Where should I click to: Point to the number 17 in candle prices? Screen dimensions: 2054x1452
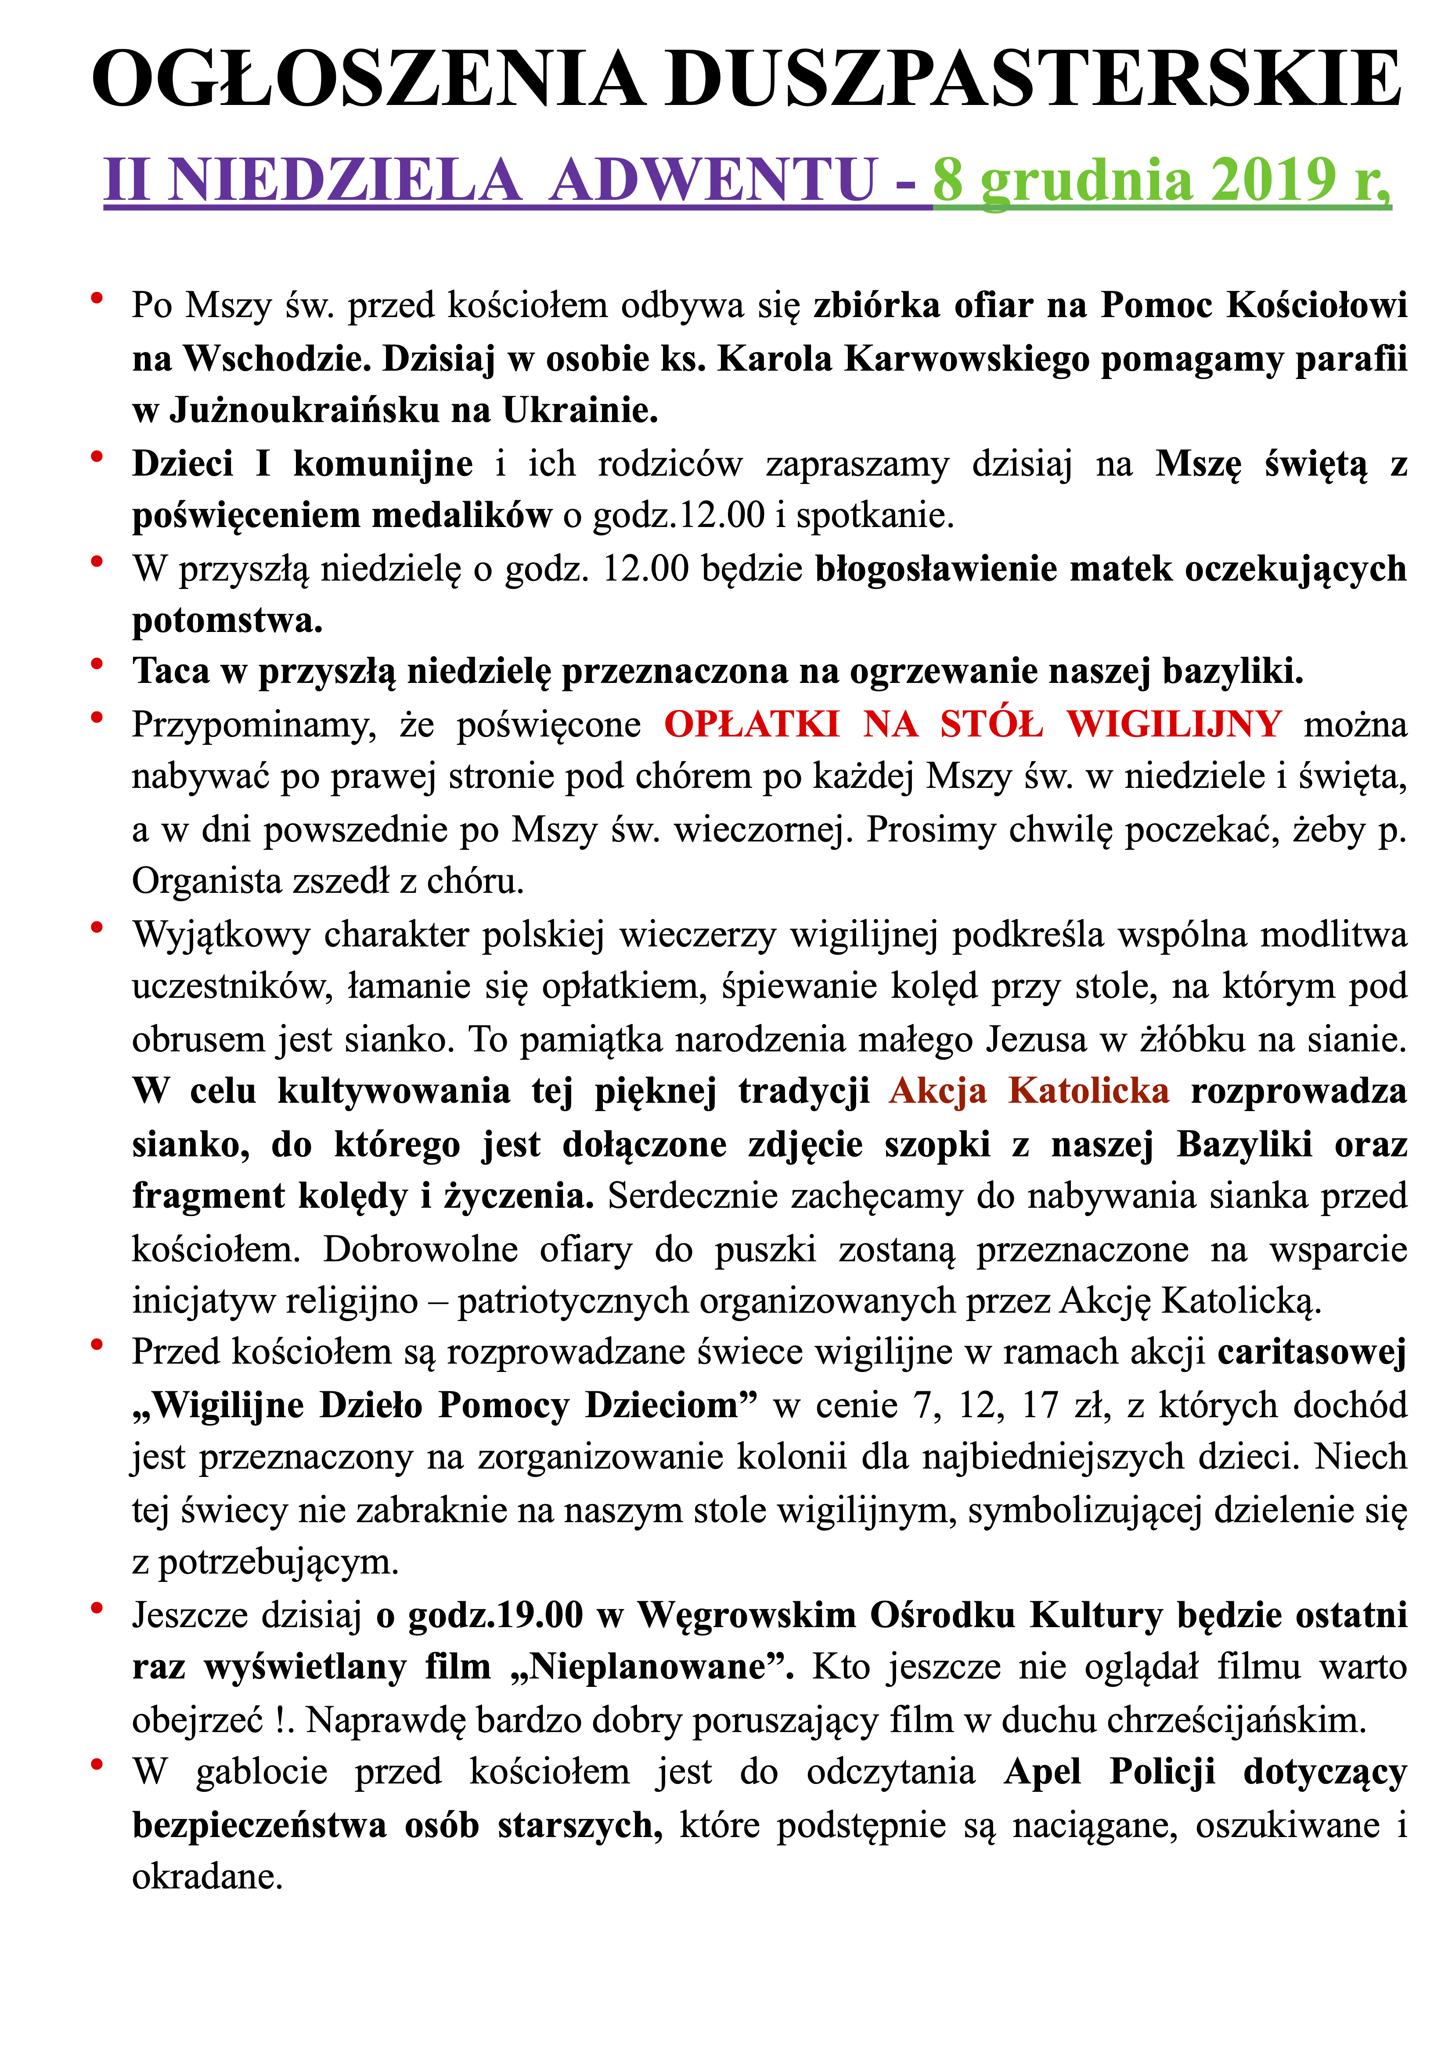1040,1405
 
